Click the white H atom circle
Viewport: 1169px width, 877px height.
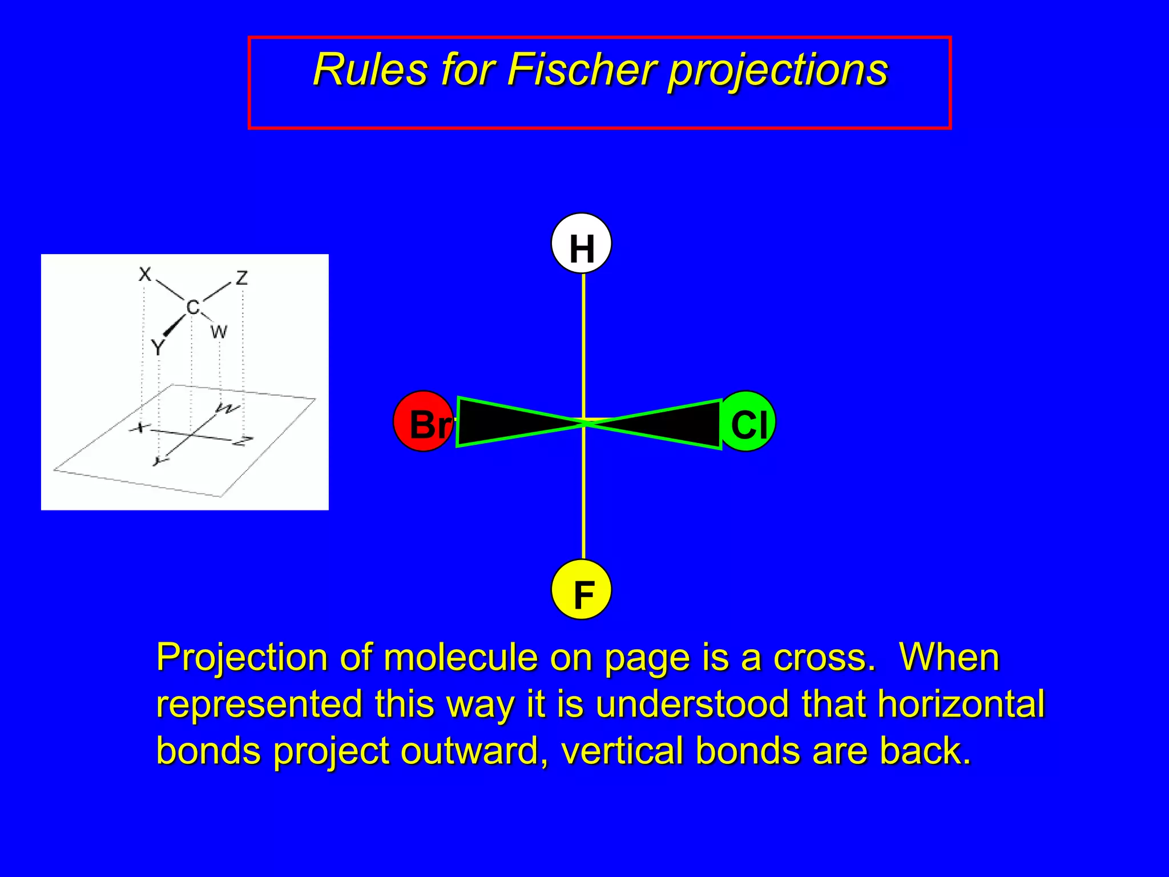coord(581,244)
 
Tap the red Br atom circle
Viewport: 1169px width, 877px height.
coord(423,421)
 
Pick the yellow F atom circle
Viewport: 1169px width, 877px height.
coord(581,590)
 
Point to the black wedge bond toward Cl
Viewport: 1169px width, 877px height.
coord(674,424)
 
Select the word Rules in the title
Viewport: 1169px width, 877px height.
coord(370,70)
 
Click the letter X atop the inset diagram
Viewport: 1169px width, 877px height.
coord(145,275)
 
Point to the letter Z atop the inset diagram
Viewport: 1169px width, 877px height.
coord(242,278)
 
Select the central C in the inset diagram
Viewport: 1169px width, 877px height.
coord(193,307)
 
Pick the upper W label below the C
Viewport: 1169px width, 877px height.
coord(219,332)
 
